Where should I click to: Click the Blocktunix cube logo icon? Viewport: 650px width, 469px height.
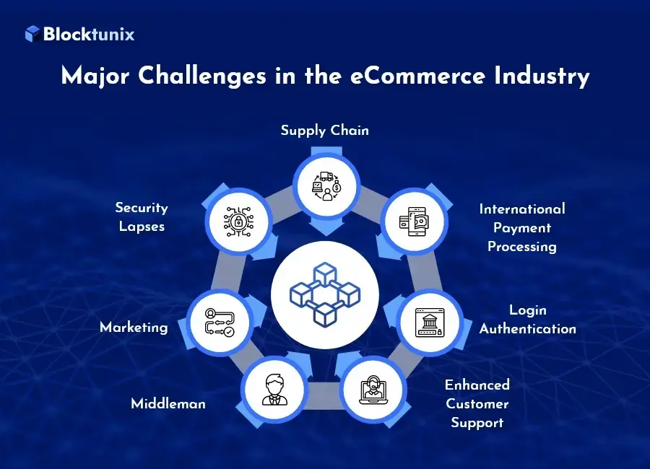32,34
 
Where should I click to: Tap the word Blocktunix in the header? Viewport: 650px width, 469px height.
89,34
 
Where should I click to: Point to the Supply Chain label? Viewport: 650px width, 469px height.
324,131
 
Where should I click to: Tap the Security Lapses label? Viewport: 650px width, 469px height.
142,216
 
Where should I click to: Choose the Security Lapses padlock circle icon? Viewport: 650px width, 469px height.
234,222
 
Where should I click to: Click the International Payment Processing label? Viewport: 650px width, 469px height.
522,227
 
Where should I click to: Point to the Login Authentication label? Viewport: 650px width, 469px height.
528,319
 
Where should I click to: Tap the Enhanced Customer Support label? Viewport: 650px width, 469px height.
477,403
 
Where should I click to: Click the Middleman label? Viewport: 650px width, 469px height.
168,403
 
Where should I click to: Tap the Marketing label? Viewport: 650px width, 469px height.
134,327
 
